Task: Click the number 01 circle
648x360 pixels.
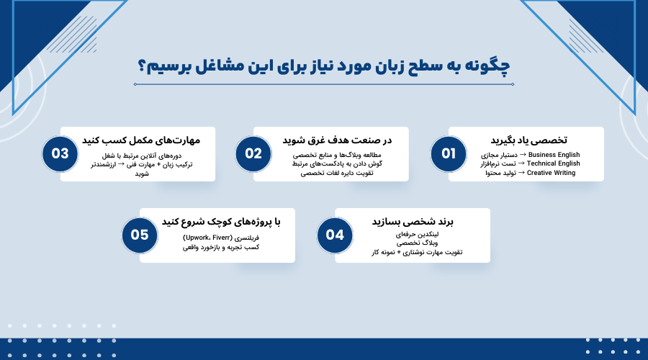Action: point(449,154)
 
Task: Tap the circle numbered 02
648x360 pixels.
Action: point(253,154)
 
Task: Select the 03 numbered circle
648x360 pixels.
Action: point(60,154)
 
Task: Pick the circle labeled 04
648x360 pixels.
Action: point(335,235)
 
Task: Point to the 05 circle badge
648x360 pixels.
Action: point(140,235)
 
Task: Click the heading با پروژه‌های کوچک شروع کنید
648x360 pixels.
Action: point(220,221)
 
